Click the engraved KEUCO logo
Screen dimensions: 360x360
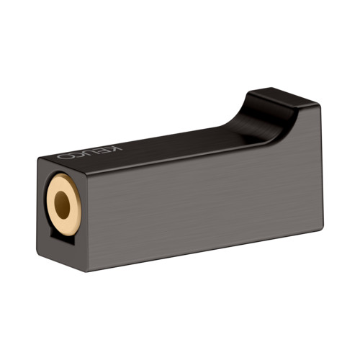(89, 153)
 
